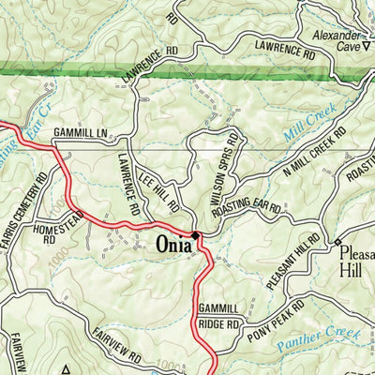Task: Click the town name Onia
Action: [x=173, y=246]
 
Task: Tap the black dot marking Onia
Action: [x=196, y=235]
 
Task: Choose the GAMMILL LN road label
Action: [x=83, y=134]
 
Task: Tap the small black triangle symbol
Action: [x=66, y=368]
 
